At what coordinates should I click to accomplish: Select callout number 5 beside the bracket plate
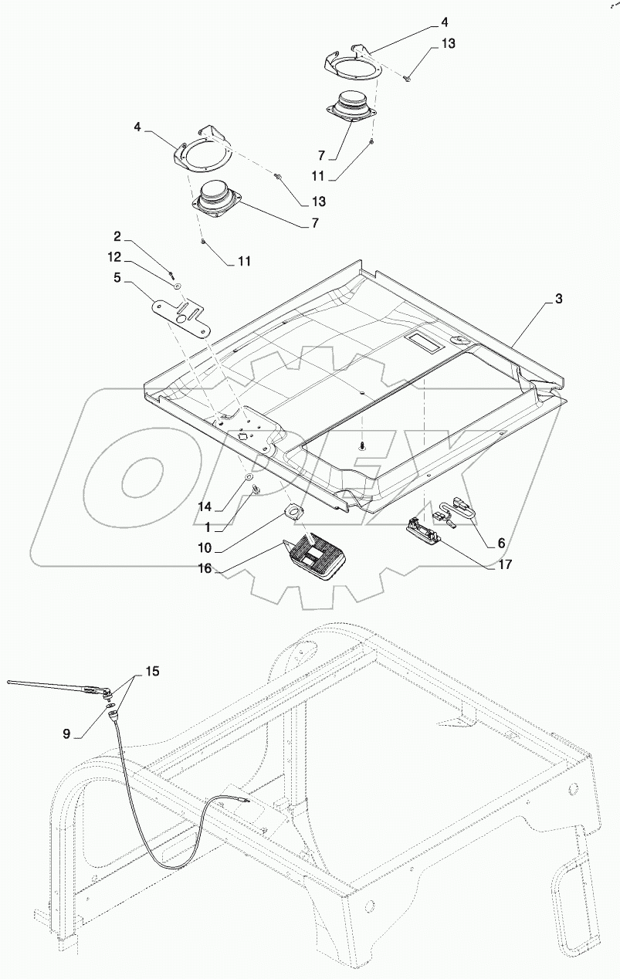(117, 277)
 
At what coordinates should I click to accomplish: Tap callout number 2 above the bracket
(117, 235)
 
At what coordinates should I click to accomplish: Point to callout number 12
(114, 256)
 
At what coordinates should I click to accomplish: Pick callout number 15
(152, 672)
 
